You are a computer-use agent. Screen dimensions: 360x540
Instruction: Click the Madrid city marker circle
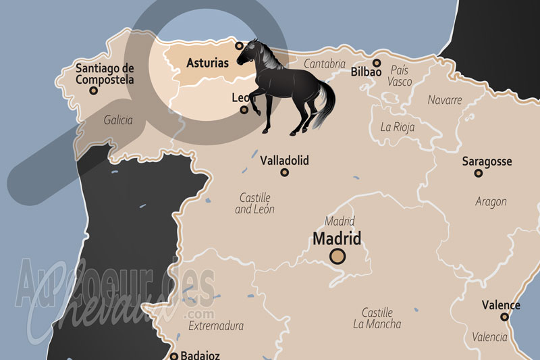point(337,256)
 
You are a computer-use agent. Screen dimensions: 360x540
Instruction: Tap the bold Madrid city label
point(337,238)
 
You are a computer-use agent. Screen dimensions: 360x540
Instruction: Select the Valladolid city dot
point(284,173)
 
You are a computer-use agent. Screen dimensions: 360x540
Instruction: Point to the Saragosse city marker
point(478,174)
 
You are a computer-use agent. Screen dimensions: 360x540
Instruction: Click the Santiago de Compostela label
point(105,74)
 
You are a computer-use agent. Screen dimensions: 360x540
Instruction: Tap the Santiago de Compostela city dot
point(104,93)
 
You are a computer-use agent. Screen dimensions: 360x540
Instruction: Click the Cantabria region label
point(325,63)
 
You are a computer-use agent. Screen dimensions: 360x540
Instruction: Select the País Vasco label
point(400,76)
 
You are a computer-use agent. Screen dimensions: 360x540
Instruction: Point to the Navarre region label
point(445,100)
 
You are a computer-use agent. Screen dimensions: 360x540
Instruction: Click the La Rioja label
point(398,126)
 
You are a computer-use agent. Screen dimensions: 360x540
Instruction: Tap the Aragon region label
point(491,202)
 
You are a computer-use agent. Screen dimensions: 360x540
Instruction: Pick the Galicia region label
point(118,120)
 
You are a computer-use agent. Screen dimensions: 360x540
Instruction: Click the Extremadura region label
point(216,326)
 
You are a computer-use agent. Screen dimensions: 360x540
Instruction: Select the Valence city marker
point(504,317)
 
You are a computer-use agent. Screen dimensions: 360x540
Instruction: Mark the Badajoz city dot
point(174,356)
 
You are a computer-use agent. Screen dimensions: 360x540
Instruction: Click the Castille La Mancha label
point(377,318)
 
